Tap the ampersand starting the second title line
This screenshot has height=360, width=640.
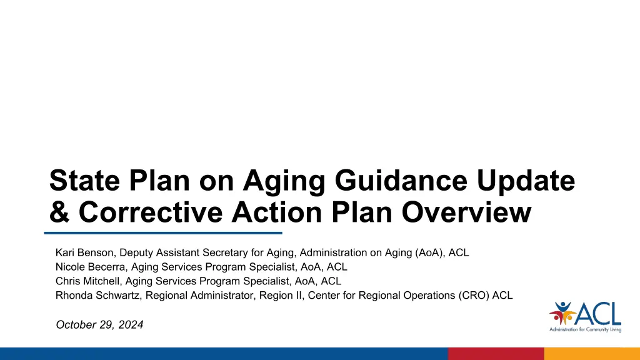[x=59, y=212]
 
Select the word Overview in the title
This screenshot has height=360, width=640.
[x=466, y=212]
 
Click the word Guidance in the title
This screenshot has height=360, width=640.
[x=401, y=180]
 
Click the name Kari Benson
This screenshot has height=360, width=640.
[x=84, y=252]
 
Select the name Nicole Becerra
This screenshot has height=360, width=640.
[x=90, y=267]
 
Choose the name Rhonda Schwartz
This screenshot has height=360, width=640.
[x=97, y=296]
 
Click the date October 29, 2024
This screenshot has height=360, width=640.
[x=99, y=324]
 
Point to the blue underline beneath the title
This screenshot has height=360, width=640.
[x=163, y=233]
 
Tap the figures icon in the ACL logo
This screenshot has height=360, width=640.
[x=562, y=313]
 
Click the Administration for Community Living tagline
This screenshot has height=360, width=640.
[x=585, y=329]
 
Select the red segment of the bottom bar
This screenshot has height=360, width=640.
[x=496, y=354]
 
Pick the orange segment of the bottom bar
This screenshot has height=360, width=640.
[x=592, y=354]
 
